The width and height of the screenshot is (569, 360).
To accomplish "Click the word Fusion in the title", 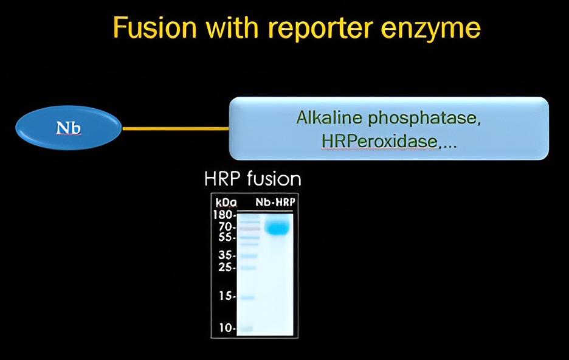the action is [x=154, y=27].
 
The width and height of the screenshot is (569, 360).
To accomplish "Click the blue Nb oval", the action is [x=69, y=128].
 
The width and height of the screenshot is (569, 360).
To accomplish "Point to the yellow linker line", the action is [x=176, y=128].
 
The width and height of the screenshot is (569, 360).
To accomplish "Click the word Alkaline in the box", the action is [x=329, y=117].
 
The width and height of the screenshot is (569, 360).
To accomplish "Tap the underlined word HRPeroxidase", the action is [x=379, y=142].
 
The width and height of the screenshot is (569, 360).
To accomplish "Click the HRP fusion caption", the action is [x=253, y=179].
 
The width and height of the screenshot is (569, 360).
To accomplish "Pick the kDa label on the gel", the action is [x=226, y=202].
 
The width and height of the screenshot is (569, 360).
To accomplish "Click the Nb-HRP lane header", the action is [x=275, y=202].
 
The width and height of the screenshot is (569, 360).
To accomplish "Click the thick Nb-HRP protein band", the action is [x=277, y=227].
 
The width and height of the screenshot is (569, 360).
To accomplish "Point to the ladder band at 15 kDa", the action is [x=248, y=297].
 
